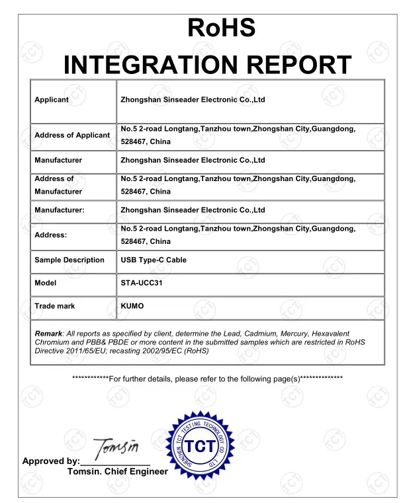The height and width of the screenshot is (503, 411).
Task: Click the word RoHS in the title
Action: click(x=222, y=28)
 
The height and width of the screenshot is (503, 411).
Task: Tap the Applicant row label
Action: click(x=52, y=100)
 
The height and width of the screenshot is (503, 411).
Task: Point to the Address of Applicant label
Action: click(x=72, y=135)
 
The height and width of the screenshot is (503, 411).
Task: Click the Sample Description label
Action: click(x=69, y=260)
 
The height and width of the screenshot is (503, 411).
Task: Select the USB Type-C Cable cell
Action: click(x=154, y=260)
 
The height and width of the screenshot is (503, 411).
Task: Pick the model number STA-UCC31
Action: click(x=141, y=283)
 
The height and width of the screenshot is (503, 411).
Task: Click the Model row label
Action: click(x=46, y=283)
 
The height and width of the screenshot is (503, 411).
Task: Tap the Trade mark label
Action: click(x=55, y=306)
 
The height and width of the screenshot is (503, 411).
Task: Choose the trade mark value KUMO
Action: click(x=132, y=306)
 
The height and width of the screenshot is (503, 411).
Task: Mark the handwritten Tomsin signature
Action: click(x=116, y=449)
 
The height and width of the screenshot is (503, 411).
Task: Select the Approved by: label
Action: click(x=51, y=461)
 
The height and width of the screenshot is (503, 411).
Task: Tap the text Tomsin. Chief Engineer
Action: click(x=118, y=472)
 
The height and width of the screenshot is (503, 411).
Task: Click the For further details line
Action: click(x=207, y=379)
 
